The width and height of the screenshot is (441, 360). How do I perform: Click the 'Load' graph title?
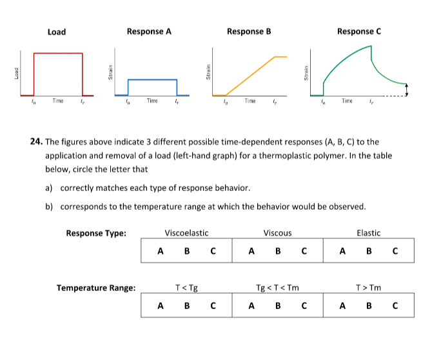point(56,32)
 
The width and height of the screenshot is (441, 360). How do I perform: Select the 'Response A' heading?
point(149,31)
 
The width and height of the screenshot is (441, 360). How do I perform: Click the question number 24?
point(36,142)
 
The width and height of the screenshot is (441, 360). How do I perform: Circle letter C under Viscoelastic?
point(212,251)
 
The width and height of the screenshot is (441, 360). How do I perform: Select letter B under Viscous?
point(278,251)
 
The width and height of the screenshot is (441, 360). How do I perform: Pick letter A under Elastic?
point(343,251)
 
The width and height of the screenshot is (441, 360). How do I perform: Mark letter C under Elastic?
point(395,251)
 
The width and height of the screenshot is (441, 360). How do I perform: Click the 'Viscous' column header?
point(278,233)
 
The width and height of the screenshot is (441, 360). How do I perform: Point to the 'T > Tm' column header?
point(369,288)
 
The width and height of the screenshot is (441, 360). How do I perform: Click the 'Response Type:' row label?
point(96,233)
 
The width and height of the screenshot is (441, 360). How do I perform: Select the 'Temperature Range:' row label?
point(96,288)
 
